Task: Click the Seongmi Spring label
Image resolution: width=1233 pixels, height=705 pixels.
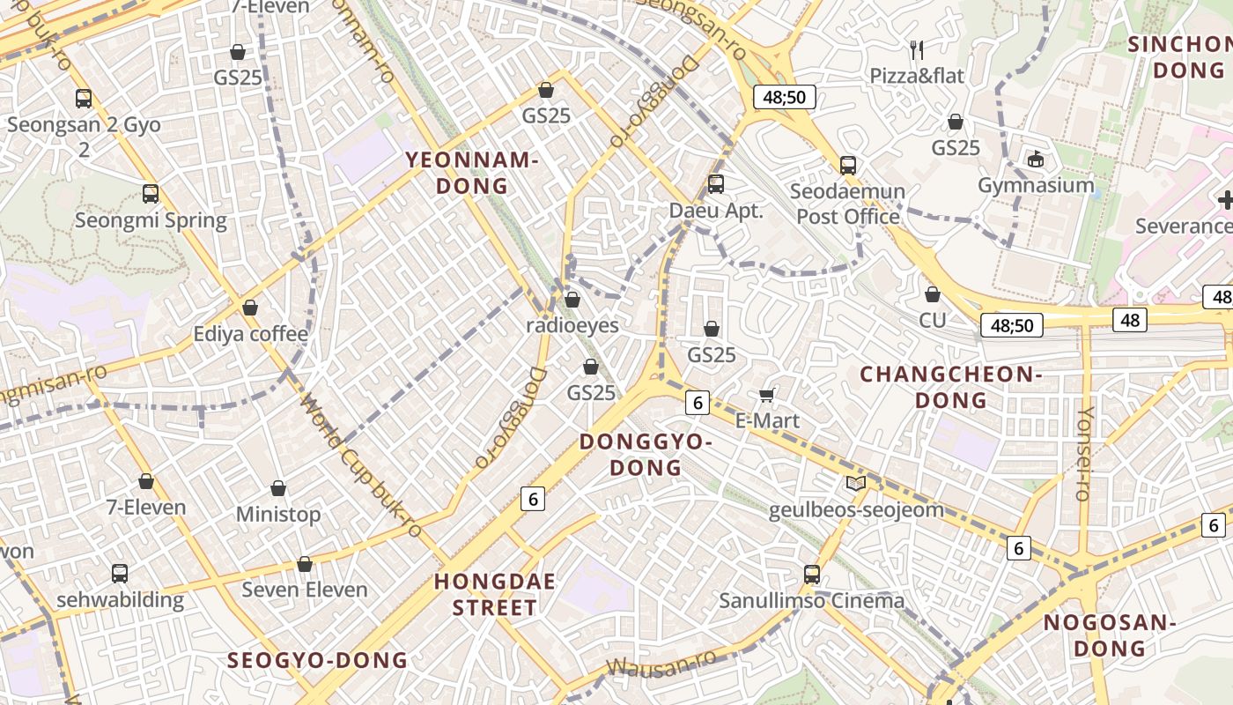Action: click(151, 219)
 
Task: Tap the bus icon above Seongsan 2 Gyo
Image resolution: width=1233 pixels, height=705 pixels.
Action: click(84, 99)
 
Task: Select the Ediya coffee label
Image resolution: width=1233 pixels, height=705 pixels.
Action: click(251, 334)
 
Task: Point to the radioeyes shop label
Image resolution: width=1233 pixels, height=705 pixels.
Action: click(572, 325)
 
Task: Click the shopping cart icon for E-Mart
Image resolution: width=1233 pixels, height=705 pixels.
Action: click(767, 395)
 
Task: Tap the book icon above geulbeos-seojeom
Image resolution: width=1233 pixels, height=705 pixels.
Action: click(855, 483)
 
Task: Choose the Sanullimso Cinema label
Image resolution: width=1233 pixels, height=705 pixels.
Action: click(811, 601)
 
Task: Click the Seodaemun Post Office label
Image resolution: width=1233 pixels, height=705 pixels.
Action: click(847, 204)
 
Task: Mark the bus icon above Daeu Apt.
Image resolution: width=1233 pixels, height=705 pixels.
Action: click(716, 184)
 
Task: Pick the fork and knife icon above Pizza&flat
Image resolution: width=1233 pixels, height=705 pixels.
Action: click(917, 49)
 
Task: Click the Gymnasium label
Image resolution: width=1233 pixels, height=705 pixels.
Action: click(1036, 185)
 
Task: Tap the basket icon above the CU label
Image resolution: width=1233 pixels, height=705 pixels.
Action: click(933, 294)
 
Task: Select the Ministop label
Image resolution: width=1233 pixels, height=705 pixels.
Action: click(278, 514)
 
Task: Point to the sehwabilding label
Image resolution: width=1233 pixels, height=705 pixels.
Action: click(120, 600)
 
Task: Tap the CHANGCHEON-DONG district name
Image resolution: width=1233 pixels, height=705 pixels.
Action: click(950, 387)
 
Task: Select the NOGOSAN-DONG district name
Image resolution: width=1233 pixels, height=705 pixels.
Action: click(1109, 635)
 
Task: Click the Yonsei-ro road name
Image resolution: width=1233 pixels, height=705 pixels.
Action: click(1085, 454)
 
